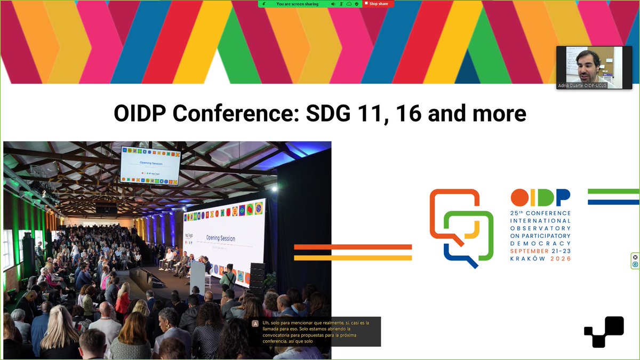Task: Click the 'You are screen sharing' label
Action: [297, 4]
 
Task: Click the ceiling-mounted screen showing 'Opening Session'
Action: [150, 165]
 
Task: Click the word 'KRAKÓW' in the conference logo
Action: [526, 259]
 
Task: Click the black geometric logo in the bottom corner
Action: [604, 332]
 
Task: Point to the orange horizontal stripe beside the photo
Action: [353, 247]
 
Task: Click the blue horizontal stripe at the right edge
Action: [613, 202]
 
